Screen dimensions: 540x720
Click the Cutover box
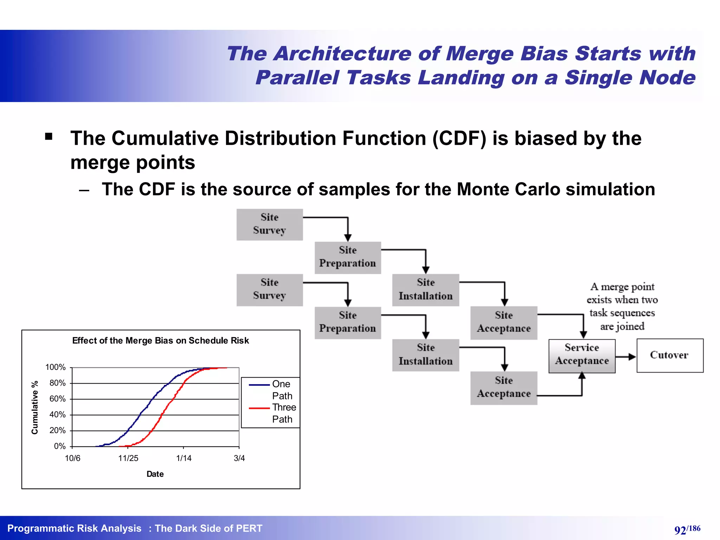(x=670, y=355)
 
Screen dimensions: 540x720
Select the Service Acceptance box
(x=582, y=356)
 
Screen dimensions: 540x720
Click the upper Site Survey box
(x=269, y=224)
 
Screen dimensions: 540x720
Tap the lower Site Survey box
(x=269, y=290)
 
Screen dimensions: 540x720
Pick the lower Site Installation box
(x=425, y=355)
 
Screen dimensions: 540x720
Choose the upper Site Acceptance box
(x=503, y=322)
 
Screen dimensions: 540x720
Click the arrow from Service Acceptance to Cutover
(x=626, y=357)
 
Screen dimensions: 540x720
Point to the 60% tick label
(x=57, y=399)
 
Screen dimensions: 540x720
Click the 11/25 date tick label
(x=128, y=458)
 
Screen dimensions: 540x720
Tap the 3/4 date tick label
(x=239, y=458)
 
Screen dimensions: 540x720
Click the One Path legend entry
(x=272, y=390)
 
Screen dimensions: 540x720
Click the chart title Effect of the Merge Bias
(x=160, y=340)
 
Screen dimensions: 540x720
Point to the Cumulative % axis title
(x=34, y=407)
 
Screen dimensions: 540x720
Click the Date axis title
(x=155, y=474)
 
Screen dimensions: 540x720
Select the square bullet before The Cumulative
(x=49, y=136)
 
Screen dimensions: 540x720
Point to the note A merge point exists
(x=622, y=306)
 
